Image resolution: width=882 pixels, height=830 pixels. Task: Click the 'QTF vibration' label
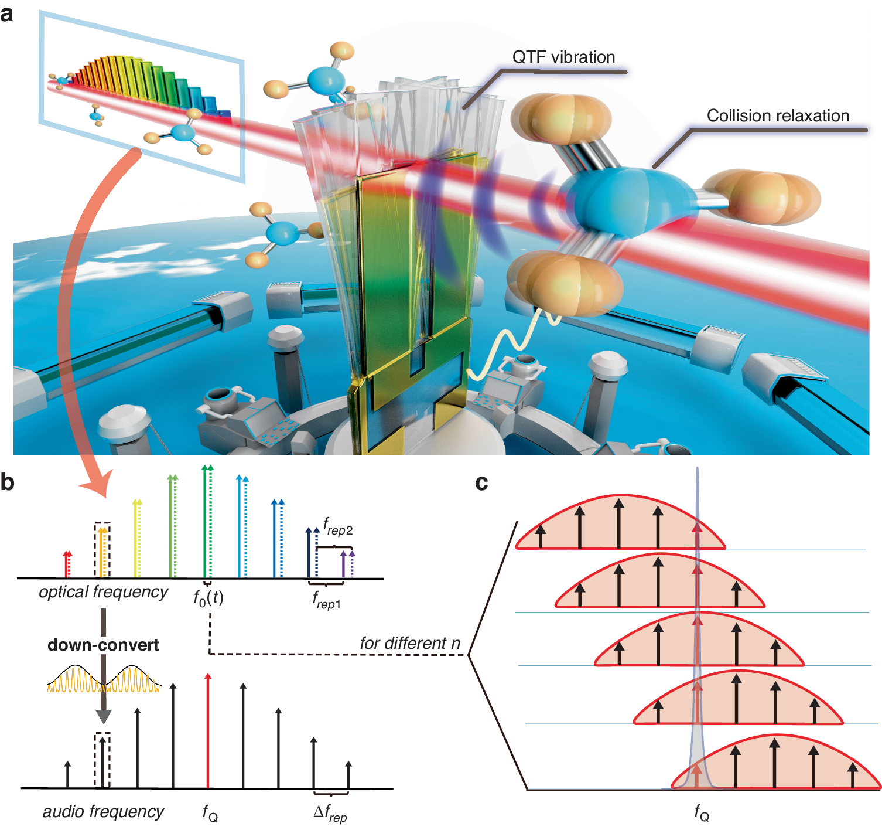(563, 57)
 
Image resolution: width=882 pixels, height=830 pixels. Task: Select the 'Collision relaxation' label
(778, 116)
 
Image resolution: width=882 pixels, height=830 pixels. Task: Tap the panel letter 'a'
(7, 13)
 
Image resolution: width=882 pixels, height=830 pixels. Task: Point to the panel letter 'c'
(481, 482)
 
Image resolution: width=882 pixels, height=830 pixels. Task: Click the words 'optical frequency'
(104, 592)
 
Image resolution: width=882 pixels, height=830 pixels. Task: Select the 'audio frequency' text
(103, 812)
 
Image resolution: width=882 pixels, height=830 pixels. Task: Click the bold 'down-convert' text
(103, 645)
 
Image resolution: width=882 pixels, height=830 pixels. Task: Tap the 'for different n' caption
(410, 644)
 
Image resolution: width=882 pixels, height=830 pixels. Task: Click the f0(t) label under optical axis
(208, 598)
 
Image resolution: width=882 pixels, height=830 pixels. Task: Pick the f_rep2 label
(338, 526)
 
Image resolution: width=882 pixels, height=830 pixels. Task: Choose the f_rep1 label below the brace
(326, 600)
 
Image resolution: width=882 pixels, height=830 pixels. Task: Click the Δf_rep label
(330, 813)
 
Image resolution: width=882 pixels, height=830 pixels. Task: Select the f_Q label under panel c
(701, 812)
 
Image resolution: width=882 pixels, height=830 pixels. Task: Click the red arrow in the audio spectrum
(207, 733)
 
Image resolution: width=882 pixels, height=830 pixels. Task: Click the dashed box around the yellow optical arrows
(102, 550)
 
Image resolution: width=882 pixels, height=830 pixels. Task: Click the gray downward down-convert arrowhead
(103, 716)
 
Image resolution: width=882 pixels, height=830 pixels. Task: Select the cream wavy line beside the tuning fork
(510, 346)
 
